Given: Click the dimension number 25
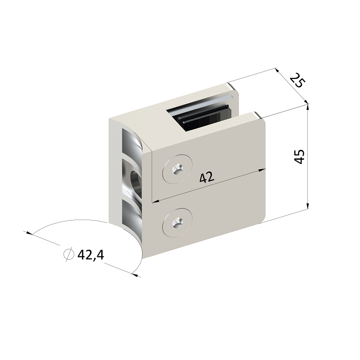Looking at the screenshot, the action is point(297,80).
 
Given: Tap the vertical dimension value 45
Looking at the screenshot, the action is point(299,157).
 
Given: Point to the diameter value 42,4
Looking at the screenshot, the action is point(91,255).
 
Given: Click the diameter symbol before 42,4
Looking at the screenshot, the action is point(69,254).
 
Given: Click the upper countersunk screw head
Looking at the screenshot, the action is point(177,169).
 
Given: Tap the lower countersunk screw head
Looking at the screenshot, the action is point(177,223).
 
